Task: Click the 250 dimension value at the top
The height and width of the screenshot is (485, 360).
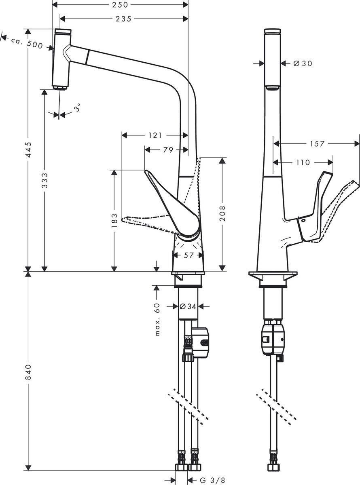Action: click(120, 5)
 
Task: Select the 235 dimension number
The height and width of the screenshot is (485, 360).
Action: click(123, 19)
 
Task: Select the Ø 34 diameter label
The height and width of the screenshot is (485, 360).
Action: click(188, 306)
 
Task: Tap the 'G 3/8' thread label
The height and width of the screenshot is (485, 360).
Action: click(213, 480)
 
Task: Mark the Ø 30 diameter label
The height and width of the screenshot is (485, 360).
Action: click(302, 63)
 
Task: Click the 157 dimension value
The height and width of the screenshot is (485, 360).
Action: click(316, 143)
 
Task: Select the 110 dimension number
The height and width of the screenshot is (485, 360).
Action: click(303, 162)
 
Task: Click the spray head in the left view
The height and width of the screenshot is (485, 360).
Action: click(62, 59)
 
